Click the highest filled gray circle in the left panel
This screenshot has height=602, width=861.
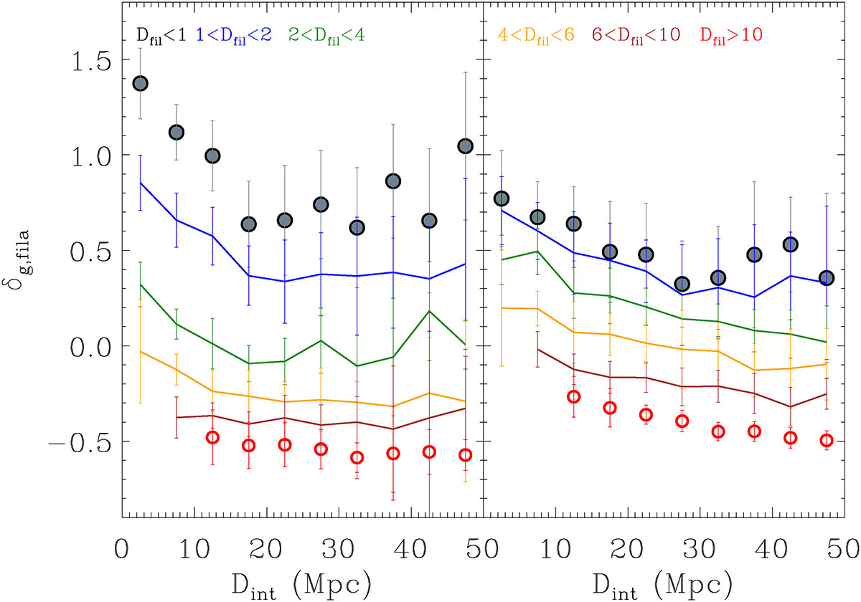pos(140,83)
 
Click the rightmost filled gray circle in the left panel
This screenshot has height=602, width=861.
pos(466,146)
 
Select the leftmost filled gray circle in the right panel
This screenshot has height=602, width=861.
pos(502,199)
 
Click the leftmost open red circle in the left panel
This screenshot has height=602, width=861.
pos(212,437)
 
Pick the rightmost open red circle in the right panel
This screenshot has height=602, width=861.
pos(827,440)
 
